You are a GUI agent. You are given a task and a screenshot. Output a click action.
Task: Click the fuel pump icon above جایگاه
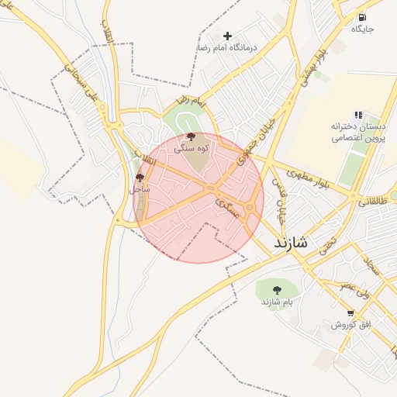[x=362, y=17]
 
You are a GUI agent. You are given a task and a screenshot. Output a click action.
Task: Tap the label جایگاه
[x=362, y=29]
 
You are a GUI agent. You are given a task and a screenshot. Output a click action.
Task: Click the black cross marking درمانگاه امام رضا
[x=227, y=36]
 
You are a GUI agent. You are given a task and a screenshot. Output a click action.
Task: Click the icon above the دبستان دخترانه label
[x=358, y=115]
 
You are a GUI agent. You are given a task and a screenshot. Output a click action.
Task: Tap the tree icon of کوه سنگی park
[x=191, y=136]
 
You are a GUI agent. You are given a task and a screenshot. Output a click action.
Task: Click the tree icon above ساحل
[x=140, y=178]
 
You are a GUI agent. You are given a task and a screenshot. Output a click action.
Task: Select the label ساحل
[x=140, y=188]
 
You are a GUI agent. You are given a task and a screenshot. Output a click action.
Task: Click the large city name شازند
[x=290, y=243]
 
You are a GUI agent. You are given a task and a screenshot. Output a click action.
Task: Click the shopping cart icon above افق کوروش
[x=350, y=313]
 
